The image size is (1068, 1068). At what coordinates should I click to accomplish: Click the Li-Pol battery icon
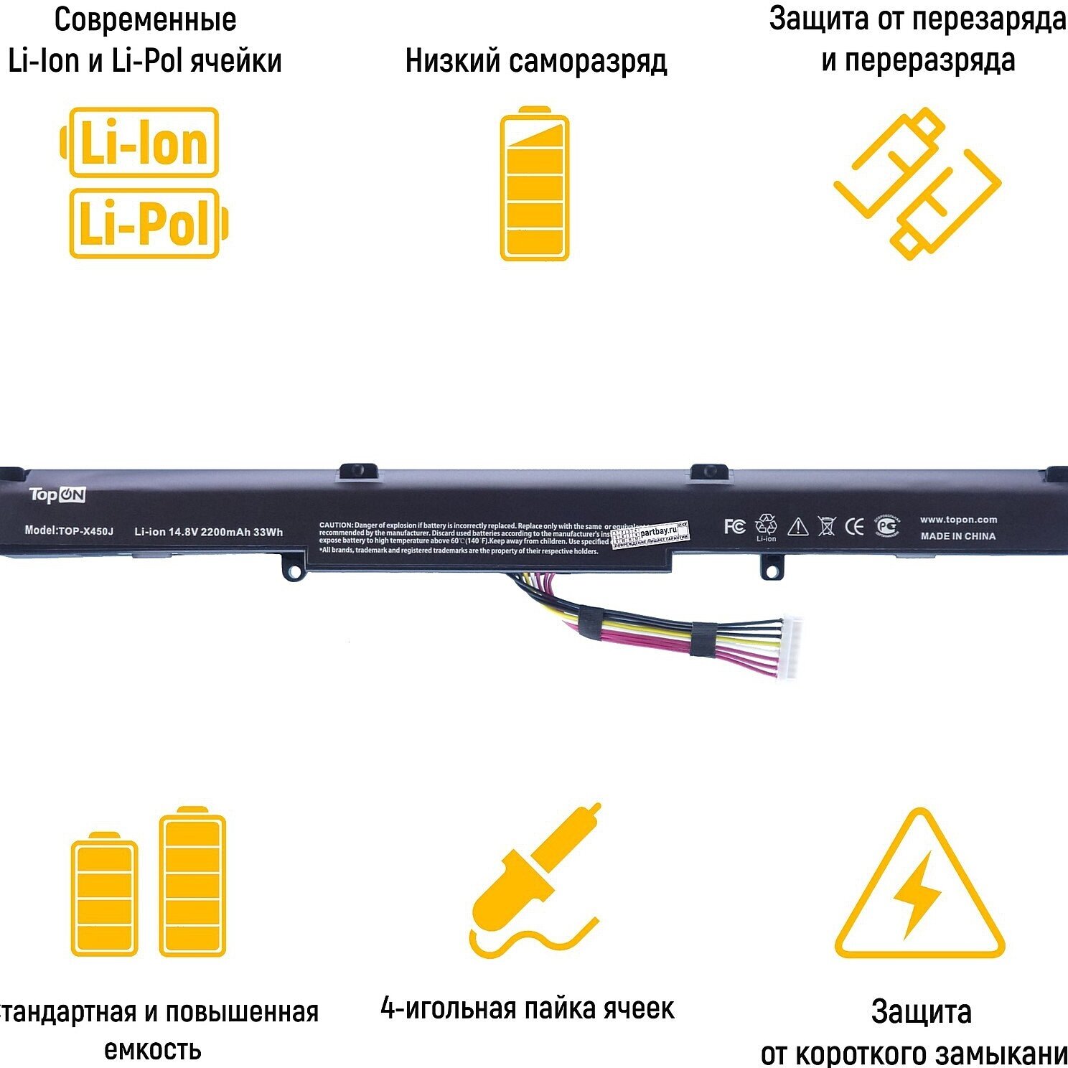[x=147, y=223]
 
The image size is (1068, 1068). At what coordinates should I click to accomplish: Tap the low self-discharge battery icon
[x=534, y=184]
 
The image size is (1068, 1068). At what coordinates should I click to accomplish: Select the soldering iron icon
[x=534, y=880]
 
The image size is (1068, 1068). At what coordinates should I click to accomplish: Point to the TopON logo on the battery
[x=57, y=495]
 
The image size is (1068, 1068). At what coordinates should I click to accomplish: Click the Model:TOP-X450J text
[x=69, y=530]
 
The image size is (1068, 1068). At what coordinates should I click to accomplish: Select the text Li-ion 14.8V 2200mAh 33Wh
[x=208, y=532]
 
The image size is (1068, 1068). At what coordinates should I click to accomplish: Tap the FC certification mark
[x=734, y=526]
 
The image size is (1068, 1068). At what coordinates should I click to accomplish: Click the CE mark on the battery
[x=854, y=527]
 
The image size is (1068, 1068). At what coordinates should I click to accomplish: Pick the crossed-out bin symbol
[x=827, y=527]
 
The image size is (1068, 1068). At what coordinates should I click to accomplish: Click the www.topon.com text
[x=958, y=520]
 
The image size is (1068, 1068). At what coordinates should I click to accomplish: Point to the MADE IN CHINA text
[x=958, y=536]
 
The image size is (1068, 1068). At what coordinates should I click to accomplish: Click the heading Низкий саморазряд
[x=535, y=61]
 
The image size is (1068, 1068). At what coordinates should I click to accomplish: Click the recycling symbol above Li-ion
[x=766, y=523]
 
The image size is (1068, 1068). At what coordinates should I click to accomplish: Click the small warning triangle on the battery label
[x=797, y=528]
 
